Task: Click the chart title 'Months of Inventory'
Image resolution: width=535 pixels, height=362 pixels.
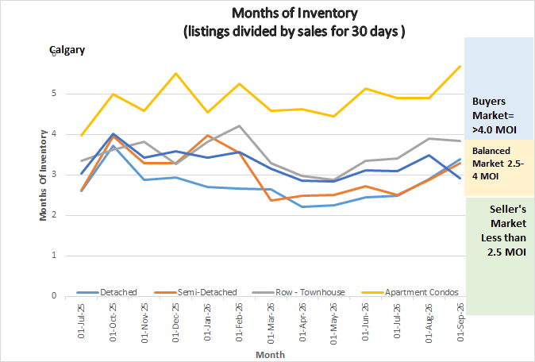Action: (294, 13)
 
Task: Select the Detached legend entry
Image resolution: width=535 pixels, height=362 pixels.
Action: (107, 292)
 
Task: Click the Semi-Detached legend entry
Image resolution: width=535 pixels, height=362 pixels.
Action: (195, 292)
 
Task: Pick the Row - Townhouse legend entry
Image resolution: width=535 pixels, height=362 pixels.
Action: (298, 292)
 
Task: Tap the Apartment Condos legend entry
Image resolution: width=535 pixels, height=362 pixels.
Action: (410, 292)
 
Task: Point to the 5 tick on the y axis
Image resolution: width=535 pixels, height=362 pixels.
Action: (54, 94)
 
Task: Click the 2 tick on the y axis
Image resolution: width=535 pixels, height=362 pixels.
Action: (54, 215)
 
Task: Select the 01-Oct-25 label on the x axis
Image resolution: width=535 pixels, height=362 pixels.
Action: (113, 322)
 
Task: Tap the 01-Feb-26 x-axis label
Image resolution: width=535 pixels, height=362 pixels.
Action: (239, 322)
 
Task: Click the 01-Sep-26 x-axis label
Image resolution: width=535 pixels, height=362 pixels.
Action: (460, 322)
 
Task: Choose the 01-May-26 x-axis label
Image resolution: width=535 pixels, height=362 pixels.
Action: (334, 323)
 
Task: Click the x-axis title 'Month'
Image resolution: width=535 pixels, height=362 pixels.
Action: (270, 355)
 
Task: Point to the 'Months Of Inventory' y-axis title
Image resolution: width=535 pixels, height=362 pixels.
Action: (43, 175)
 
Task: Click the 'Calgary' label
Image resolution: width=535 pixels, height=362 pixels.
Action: (67, 50)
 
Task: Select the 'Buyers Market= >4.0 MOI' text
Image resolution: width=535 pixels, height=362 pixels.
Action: (494, 115)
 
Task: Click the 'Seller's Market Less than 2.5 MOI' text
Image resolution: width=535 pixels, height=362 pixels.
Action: (503, 231)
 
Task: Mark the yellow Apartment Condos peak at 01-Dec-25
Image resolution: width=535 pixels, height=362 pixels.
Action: (175, 73)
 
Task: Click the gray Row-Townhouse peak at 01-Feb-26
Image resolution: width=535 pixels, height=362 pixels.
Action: (239, 126)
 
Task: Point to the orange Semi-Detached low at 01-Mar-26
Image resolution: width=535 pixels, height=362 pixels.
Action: (271, 200)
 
